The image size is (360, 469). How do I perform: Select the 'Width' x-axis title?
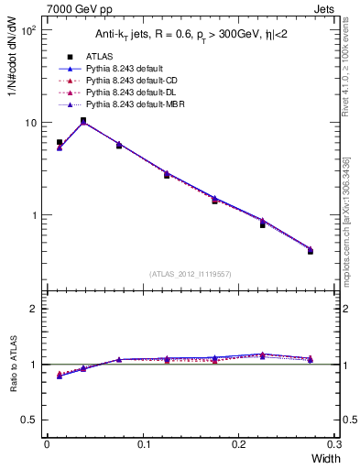coord(324,459)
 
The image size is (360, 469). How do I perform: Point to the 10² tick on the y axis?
coord(28,30)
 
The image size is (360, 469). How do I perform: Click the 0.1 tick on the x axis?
coord(144,445)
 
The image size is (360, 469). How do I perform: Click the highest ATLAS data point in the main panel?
coord(83,120)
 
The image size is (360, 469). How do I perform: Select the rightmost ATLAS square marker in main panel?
coord(311,251)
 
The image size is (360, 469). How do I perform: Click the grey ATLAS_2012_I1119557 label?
coord(190,274)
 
